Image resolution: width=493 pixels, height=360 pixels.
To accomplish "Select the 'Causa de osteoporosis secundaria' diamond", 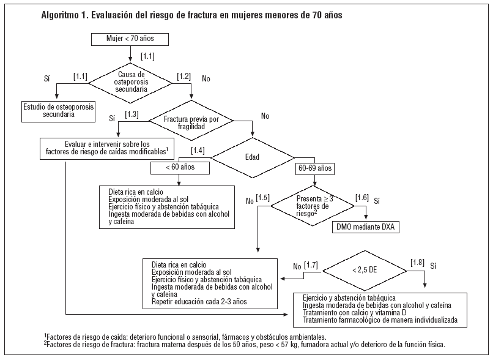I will pos(133,81).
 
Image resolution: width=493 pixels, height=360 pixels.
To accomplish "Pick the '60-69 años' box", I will pos(315,166).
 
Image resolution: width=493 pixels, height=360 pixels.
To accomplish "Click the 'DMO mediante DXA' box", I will pos(366,227).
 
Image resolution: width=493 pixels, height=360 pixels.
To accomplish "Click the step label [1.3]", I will pos(132,114).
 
